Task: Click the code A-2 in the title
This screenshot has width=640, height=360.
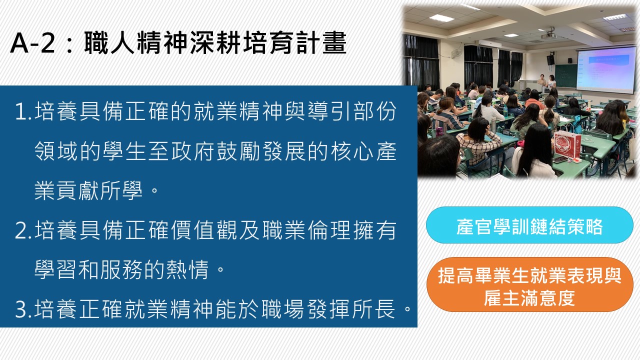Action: (32, 43)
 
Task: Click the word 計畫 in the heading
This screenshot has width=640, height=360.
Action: (321, 43)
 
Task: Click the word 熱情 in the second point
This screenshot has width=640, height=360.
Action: (187, 269)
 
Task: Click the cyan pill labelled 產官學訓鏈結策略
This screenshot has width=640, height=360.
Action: (529, 225)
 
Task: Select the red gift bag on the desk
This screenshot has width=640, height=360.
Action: (567, 144)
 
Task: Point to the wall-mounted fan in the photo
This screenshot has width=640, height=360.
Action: (456, 53)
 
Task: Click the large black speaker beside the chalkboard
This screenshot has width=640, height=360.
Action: (550, 59)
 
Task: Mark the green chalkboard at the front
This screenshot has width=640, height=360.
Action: (565, 75)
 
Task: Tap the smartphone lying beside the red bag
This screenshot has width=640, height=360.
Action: (560, 160)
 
